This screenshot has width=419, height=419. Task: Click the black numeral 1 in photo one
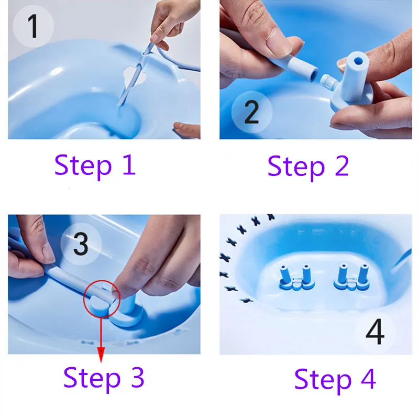point(33,26)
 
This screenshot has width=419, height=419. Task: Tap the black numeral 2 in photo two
point(251,112)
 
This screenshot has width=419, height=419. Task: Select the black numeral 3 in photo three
point(81,244)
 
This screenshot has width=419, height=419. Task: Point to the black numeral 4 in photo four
point(375,332)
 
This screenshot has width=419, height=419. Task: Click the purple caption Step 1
point(95,166)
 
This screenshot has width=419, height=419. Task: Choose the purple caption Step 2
point(308,167)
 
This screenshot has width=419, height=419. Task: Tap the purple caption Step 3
point(104,378)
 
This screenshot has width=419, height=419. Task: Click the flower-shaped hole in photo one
point(135,75)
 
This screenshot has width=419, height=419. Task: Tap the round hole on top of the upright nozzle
point(358,61)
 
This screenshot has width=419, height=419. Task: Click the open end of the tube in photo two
point(314,74)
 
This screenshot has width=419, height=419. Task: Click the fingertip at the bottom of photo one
point(186,129)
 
